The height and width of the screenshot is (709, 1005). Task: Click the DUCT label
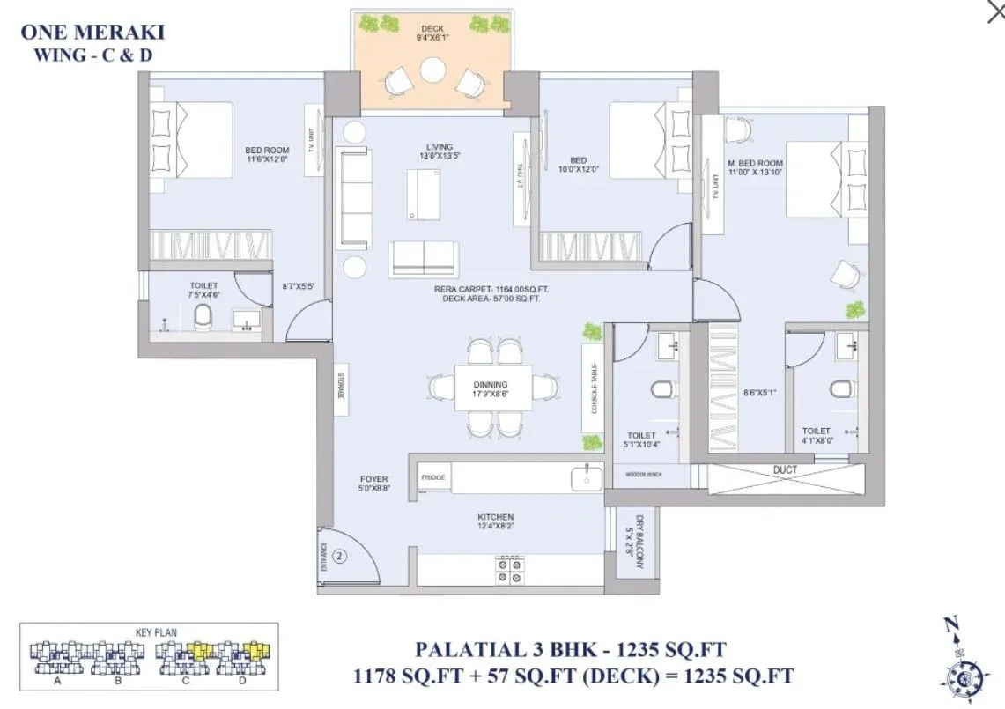tap(785, 470)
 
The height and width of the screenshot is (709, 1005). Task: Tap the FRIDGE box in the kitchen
tap(433, 477)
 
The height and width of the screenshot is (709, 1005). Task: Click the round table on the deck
tap(432, 70)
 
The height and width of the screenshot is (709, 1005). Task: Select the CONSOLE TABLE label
tap(594, 390)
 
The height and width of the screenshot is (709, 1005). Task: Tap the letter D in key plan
tap(241, 680)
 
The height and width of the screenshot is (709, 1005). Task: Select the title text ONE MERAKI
tap(92, 33)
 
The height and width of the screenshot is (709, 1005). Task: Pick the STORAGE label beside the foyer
tap(339, 388)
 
